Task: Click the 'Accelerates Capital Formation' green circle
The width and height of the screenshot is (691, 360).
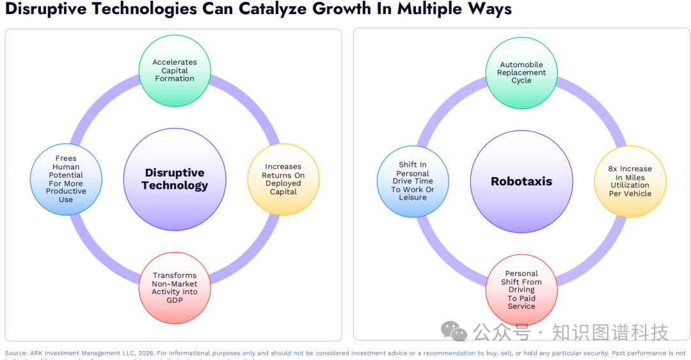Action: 175,70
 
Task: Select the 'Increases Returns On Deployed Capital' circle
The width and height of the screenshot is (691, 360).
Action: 283,179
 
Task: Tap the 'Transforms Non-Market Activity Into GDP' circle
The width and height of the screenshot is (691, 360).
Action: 175,288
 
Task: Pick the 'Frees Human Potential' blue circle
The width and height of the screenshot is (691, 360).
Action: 66,179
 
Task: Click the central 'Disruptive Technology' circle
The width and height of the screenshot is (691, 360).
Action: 175,179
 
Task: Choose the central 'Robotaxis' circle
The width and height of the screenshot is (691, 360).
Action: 521,181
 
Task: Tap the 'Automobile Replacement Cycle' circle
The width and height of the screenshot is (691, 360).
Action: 521,72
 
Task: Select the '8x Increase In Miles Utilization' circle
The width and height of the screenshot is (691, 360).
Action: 630,181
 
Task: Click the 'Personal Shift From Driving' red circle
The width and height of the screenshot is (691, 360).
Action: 521,290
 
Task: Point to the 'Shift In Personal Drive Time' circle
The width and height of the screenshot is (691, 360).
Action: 413,181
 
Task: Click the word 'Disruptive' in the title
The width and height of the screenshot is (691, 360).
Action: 41,10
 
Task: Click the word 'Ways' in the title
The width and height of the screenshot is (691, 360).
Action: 489,10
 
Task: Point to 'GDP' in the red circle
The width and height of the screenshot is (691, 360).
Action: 175,300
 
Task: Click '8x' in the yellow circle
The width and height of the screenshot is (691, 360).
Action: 613,169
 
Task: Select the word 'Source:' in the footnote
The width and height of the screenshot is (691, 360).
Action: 16,353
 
